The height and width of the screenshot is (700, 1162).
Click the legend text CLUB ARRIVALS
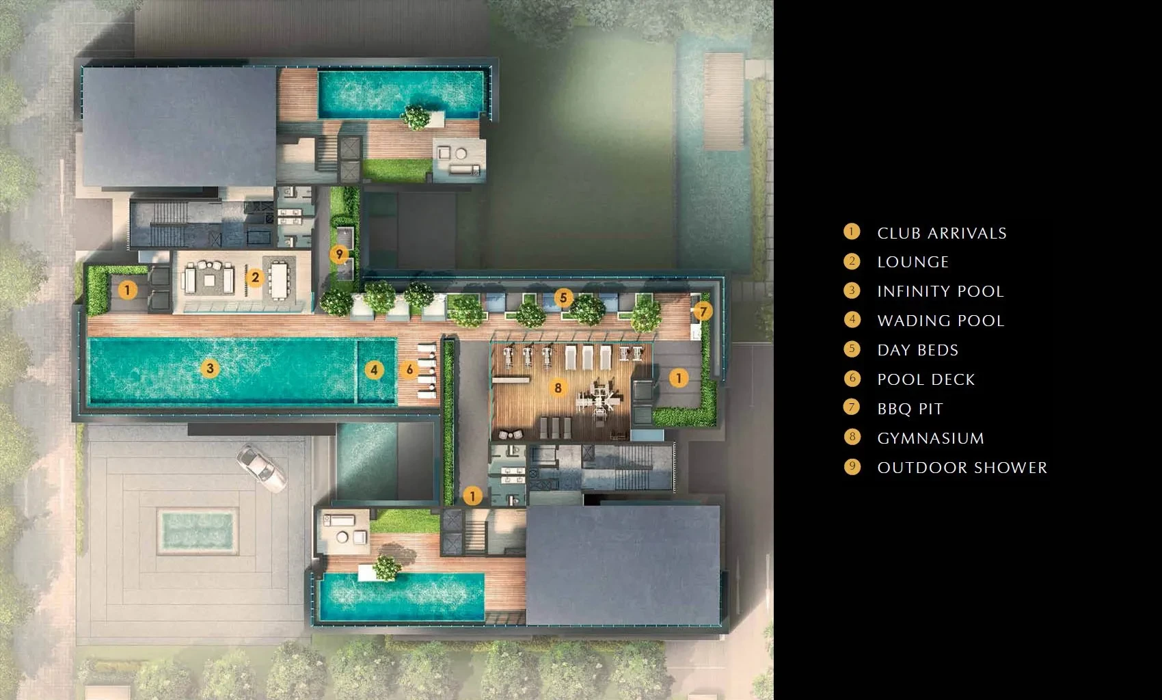pyautogui.click(x=941, y=234)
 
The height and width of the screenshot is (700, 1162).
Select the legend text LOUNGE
pyautogui.click(x=913, y=262)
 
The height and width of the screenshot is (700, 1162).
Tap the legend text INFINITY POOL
pyautogui.click(x=941, y=292)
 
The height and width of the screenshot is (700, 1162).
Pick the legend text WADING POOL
pyautogui.click(x=941, y=321)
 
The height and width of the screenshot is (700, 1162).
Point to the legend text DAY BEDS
pyautogui.click(x=918, y=350)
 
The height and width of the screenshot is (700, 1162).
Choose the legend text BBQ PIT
pyautogui.click(x=910, y=409)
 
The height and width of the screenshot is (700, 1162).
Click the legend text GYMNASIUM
pyautogui.click(x=931, y=438)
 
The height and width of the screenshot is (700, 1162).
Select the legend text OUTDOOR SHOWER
pyautogui.click(x=962, y=468)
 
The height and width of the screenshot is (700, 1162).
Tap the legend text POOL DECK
pyautogui.click(x=926, y=379)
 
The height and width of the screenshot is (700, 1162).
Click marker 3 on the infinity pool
pyautogui.click(x=210, y=368)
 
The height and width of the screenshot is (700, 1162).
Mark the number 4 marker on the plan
pyautogui.click(x=374, y=370)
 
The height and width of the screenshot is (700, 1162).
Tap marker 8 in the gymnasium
pyautogui.click(x=558, y=388)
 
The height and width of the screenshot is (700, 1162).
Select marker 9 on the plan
pyautogui.click(x=339, y=254)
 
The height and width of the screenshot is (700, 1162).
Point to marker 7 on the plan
pyautogui.click(x=703, y=311)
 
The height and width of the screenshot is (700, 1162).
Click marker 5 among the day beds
pyautogui.click(x=563, y=298)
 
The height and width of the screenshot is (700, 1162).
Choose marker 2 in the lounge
pyautogui.click(x=255, y=278)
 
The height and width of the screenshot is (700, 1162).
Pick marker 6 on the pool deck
pyautogui.click(x=409, y=369)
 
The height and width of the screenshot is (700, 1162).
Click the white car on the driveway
pyautogui.click(x=261, y=468)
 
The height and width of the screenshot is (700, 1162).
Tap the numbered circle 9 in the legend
pyautogui.click(x=852, y=466)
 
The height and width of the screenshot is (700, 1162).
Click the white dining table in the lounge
pyautogui.click(x=279, y=281)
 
